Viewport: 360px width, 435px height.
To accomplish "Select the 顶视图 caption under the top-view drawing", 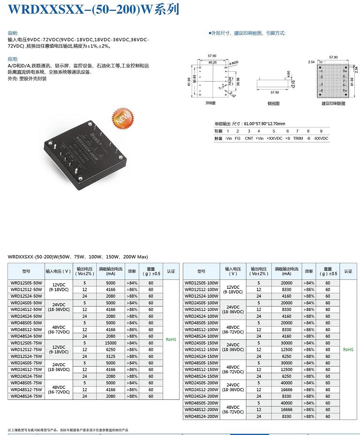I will coord(210,103).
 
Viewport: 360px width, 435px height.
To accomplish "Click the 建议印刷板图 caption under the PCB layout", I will coord(333,103).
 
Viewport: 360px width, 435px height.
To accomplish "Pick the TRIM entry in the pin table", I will coord(298,138).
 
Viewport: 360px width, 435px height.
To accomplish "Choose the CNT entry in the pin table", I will coord(248,138).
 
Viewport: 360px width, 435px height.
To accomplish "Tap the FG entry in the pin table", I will coord(238,138).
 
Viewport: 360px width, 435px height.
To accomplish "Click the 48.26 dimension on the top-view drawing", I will coord(212,62).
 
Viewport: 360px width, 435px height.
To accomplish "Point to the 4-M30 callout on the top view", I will coord(234,62).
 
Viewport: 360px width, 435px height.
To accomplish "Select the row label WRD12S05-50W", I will coord(26,283).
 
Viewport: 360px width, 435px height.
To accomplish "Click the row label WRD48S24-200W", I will coord(202,416).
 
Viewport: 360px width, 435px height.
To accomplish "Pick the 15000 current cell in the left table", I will coord(111,343).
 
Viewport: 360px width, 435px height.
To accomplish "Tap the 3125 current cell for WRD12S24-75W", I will coord(111,356).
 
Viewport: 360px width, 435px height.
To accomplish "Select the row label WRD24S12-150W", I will coord(202,350).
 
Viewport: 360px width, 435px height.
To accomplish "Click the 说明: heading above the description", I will coord(13,33).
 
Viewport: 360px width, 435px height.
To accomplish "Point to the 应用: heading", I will coord(13,60).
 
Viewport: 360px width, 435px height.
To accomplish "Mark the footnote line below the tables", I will coord(68,430).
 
